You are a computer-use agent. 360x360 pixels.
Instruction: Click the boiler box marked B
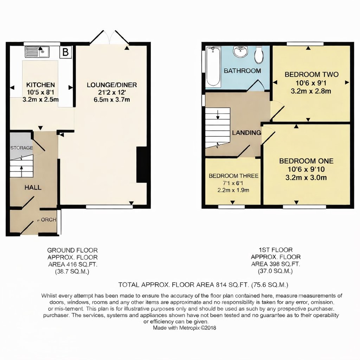click(x=65, y=52)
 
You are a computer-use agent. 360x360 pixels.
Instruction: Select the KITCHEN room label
click(x=40, y=85)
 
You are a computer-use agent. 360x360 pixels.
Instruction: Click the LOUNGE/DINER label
click(x=111, y=85)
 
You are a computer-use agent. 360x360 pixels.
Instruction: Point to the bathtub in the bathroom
click(x=213, y=67)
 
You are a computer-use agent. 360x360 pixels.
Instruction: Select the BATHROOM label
click(x=242, y=71)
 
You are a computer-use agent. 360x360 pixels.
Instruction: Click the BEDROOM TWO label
click(x=311, y=75)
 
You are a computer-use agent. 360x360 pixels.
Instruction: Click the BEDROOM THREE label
click(x=233, y=176)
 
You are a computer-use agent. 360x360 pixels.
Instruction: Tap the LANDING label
click(x=246, y=133)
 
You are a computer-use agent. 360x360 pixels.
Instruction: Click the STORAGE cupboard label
click(x=21, y=148)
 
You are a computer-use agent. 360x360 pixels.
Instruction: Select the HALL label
click(x=33, y=187)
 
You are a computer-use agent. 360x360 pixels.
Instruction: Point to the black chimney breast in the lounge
click(x=141, y=165)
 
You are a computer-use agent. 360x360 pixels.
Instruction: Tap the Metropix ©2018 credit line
click(x=184, y=328)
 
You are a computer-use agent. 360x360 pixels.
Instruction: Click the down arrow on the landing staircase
click(x=218, y=115)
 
